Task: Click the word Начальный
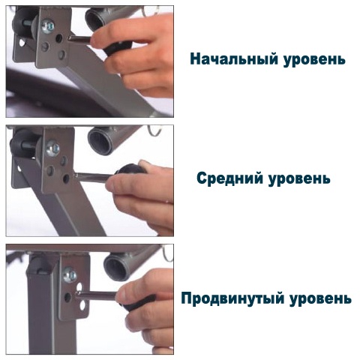click(x=234, y=59)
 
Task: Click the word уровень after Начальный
click(x=314, y=60)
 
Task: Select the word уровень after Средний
click(x=299, y=179)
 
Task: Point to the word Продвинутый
click(x=232, y=298)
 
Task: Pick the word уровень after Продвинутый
click(x=320, y=299)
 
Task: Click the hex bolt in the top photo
click(x=48, y=25)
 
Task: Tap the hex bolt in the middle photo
click(x=52, y=148)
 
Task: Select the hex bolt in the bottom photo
click(x=70, y=274)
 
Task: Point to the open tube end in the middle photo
click(x=100, y=141)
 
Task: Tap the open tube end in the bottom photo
click(x=117, y=268)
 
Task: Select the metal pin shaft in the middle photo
click(x=93, y=178)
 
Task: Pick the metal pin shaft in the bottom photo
click(x=97, y=295)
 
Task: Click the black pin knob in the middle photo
click(x=130, y=169)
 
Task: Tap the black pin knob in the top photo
click(x=118, y=48)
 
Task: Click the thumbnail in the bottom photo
click(x=121, y=294)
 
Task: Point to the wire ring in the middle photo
click(x=154, y=130)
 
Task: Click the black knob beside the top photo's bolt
click(x=24, y=22)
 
